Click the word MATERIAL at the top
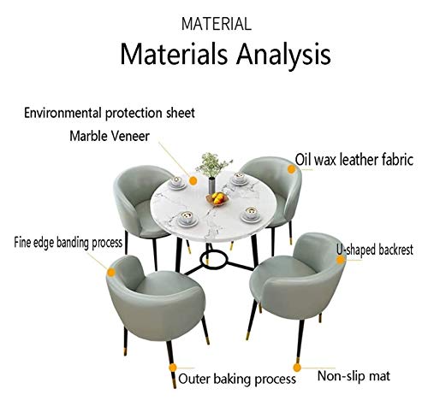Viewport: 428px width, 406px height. (217, 24)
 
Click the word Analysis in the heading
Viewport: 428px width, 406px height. (283, 54)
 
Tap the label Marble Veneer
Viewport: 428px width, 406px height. (110, 136)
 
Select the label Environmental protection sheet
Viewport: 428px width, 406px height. (110, 113)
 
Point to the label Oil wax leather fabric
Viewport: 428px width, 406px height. (354, 160)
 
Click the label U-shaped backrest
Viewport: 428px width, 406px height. (375, 250)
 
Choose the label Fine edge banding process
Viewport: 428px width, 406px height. (68, 243)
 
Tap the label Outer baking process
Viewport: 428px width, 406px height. (237, 379)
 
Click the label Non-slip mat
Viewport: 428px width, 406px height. (354, 376)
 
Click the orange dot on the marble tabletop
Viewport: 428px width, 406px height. (193, 180)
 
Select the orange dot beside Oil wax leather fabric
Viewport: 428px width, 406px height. (291, 169)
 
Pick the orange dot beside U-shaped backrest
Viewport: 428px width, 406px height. (340, 260)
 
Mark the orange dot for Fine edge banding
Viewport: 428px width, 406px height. (111, 273)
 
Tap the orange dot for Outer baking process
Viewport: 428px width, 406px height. (173, 368)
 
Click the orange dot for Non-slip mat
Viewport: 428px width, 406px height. (297, 368)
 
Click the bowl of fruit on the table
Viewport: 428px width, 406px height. (217, 198)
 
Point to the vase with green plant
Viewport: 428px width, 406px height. (213, 174)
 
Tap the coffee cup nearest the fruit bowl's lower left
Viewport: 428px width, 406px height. (187, 219)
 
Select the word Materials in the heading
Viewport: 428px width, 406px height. (174, 54)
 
